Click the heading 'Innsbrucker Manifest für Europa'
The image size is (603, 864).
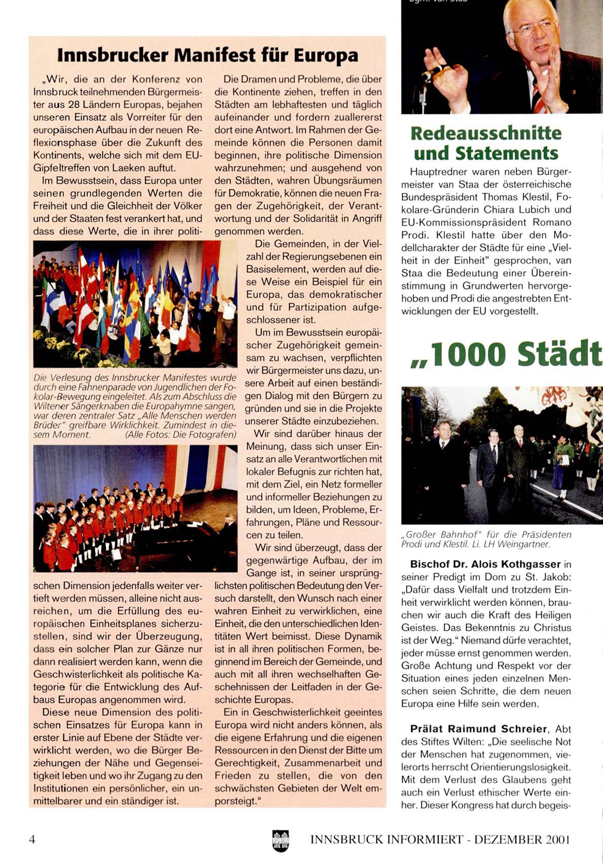pyautogui.click(x=207, y=55)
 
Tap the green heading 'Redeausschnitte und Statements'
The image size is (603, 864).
pyautogui.click(x=485, y=143)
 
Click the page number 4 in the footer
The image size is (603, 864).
pyautogui.click(x=32, y=839)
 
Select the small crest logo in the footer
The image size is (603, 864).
pyautogui.click(x=280, y=841)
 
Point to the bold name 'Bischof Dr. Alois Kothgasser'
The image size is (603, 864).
pyautogui.click(x=485, y=564)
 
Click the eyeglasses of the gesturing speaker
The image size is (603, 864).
pyautogui.click(x=525, y=30)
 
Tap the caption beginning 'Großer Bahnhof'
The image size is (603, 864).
pyautogui.click(x=486, y=539)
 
